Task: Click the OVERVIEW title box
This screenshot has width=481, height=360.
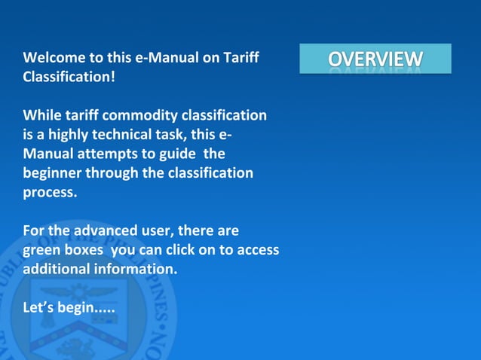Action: click(375, 59)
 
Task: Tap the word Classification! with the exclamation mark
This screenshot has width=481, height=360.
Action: click(69, 77)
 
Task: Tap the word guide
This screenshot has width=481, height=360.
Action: click(176, 154)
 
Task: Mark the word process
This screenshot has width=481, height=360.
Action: click(50, 192)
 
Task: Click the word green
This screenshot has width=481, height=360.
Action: click(42, 250)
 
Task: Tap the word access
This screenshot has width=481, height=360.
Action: click(257, 250)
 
